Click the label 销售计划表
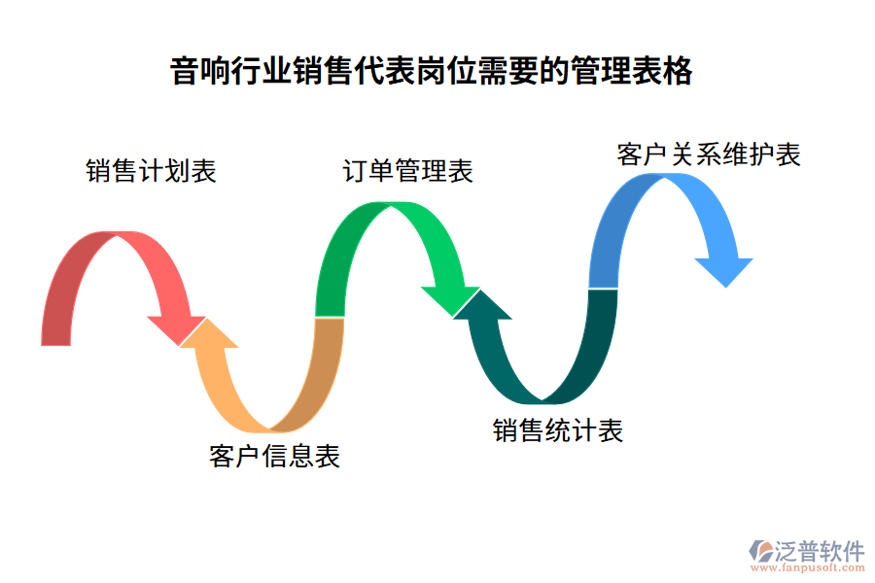(151, 172)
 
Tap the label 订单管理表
(408, 172)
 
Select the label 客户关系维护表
(709, 154)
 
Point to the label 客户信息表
(275, 457)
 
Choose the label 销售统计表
(558, 430)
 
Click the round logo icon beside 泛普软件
(759, 551)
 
